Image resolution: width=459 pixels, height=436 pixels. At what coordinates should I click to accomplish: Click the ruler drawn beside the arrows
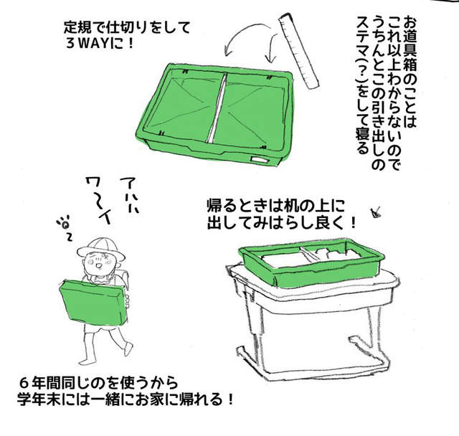click(298, 50)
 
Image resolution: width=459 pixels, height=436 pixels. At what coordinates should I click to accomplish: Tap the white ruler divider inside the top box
click(217, 108)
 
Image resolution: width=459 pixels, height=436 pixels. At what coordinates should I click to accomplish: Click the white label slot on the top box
click(259, 159)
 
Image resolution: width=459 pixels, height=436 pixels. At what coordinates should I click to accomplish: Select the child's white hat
click(101, 250)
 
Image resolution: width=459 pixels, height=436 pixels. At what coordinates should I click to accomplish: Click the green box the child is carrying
click(94, 303)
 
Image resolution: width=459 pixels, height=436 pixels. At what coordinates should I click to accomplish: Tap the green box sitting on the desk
click(312, 261)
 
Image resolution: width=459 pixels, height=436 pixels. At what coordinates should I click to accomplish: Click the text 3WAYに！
click(100, 44)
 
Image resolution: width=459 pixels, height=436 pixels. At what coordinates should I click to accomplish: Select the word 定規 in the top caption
click(77, 28)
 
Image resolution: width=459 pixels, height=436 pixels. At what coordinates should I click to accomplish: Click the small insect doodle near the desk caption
click(376, 212)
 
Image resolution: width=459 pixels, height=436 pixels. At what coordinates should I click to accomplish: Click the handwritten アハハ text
click(130, 194)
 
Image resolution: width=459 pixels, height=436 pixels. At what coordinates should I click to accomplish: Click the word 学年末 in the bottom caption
click(38, 399)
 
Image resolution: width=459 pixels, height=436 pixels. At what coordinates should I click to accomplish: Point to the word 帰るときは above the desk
click(241, 207)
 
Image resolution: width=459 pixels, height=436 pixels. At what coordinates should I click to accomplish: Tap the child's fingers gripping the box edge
click(127, 300)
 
